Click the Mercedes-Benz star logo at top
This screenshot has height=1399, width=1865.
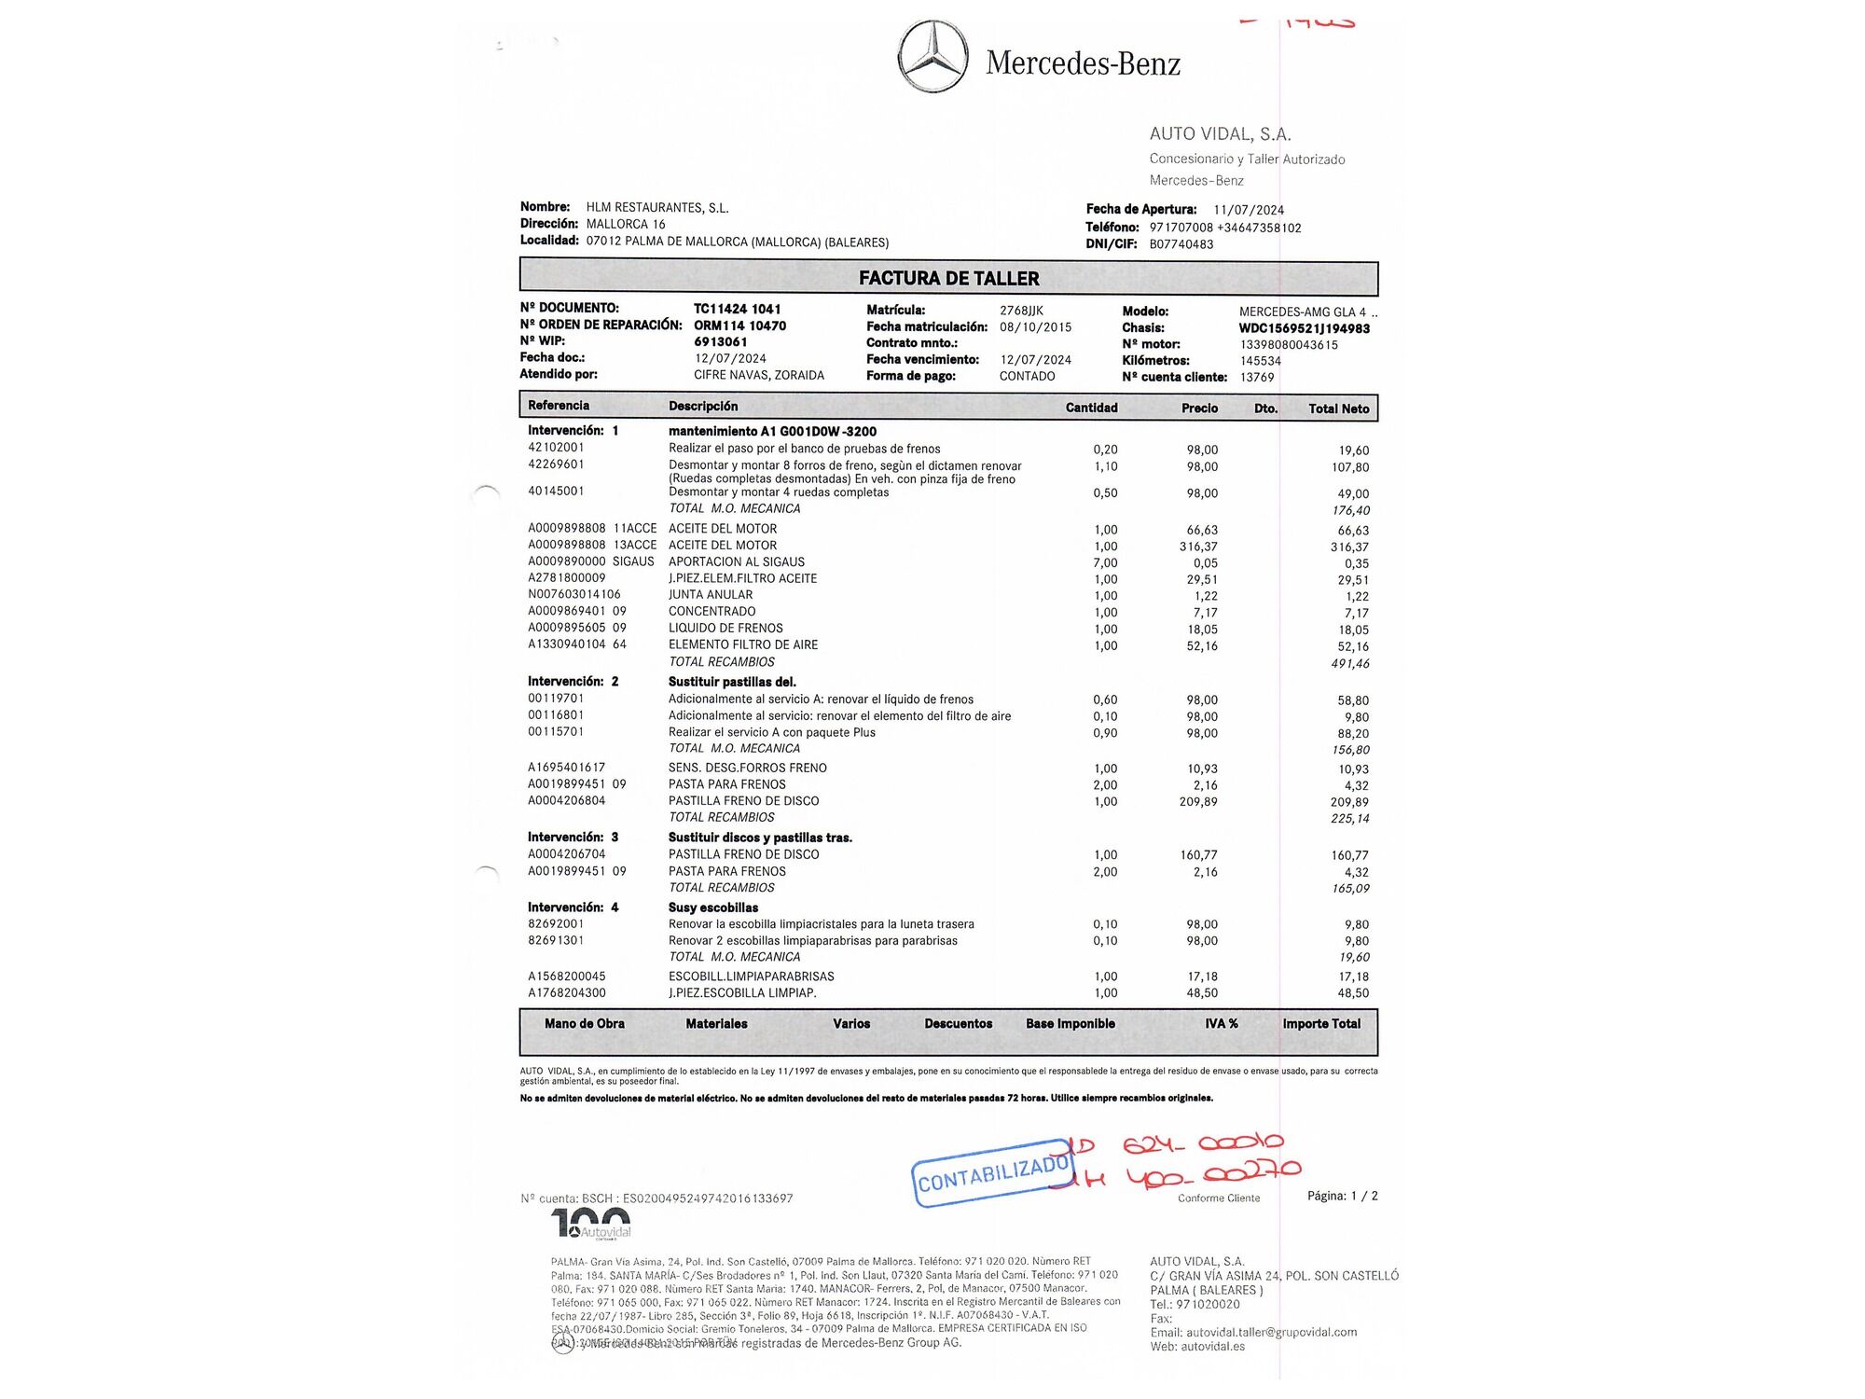coord(932,56)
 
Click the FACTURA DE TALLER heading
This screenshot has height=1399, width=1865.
coord(948,278)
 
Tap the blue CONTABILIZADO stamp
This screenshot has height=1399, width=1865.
coord(991,1173)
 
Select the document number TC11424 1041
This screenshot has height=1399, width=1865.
coord(737,309)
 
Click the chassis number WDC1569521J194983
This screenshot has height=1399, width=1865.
coord(1304,328)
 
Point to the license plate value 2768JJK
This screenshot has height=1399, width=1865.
coord(1021,311)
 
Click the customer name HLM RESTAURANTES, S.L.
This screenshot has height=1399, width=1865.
coord(656,208)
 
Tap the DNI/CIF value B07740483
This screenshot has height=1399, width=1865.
coord(1181,244)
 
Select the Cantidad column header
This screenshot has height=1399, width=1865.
coord(1091,408)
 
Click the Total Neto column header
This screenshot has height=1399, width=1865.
coord(1338,409)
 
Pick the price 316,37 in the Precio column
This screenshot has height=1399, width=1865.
coord(1197,547)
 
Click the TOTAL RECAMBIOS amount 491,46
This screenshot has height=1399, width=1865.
coord(1349,664)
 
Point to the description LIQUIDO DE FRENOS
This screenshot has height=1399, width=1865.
coord(725,629)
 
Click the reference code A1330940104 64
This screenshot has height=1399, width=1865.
coord(576,644)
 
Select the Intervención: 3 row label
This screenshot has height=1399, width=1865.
coord(573,838)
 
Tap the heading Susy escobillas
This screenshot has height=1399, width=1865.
coord(712,907)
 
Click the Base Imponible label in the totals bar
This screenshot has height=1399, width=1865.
coord(1070,1024)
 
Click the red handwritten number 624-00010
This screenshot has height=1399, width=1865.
coord(1203,1144)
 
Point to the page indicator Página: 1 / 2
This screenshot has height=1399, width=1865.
coord(1342,1196)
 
